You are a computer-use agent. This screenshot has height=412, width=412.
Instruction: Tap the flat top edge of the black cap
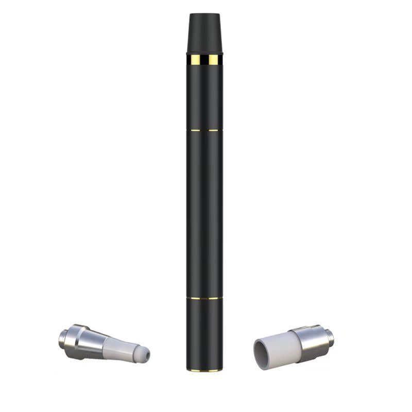pyautogui.click(x=205, y=14)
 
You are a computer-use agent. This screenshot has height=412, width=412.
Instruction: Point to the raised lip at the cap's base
pyautogui.click(x=205, y=53)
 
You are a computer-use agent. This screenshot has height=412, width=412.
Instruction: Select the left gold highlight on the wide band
pyautogui.click(x=195, y=61)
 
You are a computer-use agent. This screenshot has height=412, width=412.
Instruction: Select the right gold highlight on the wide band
pyautogui.click(x=213, y=61)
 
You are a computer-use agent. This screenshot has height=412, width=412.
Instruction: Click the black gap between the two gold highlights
pyautogui.click(x=204, y=61)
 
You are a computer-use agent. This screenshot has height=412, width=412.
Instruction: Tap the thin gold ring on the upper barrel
pyautogui.click(x=205, y=130)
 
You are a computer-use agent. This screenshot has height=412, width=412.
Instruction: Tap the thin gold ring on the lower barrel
pyautogui.click(x=205, y=298)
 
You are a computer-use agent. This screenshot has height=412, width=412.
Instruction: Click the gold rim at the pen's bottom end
pyautogui.click(x=205, y=369)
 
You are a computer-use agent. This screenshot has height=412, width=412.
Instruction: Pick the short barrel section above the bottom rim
pyautogui.click(x=205, y=332)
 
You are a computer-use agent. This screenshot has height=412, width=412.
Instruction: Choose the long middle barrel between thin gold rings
pyautogui.click(x=205, y=214)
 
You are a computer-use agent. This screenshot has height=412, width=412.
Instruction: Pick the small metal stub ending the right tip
pyautogui.click(x=329, y=337)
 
